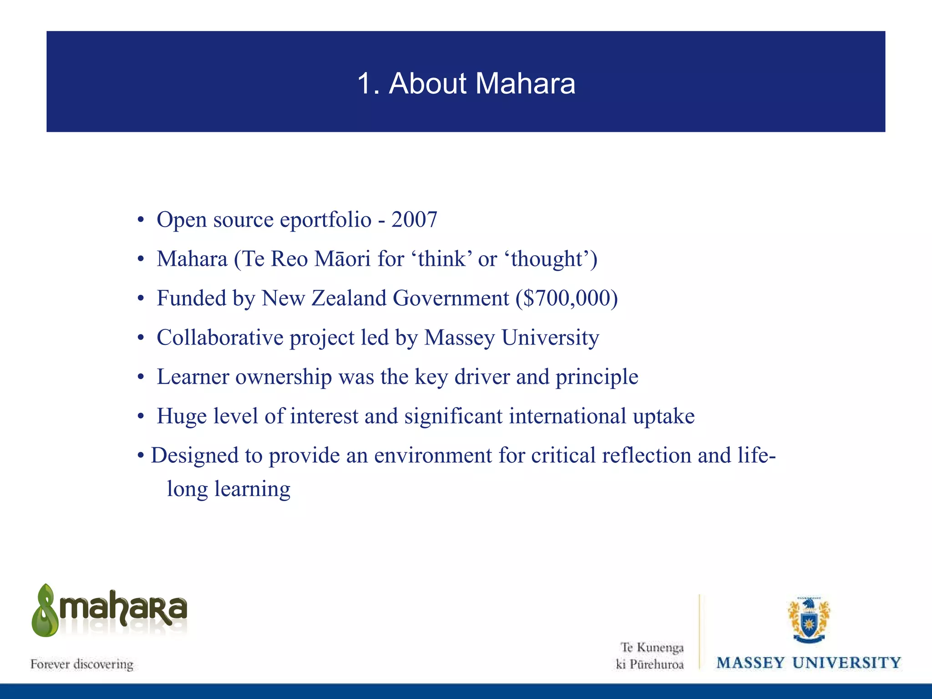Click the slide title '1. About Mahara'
466,84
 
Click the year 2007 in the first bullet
414,220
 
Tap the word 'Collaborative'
220,338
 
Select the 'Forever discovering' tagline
82,664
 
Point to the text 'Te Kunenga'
652,647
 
